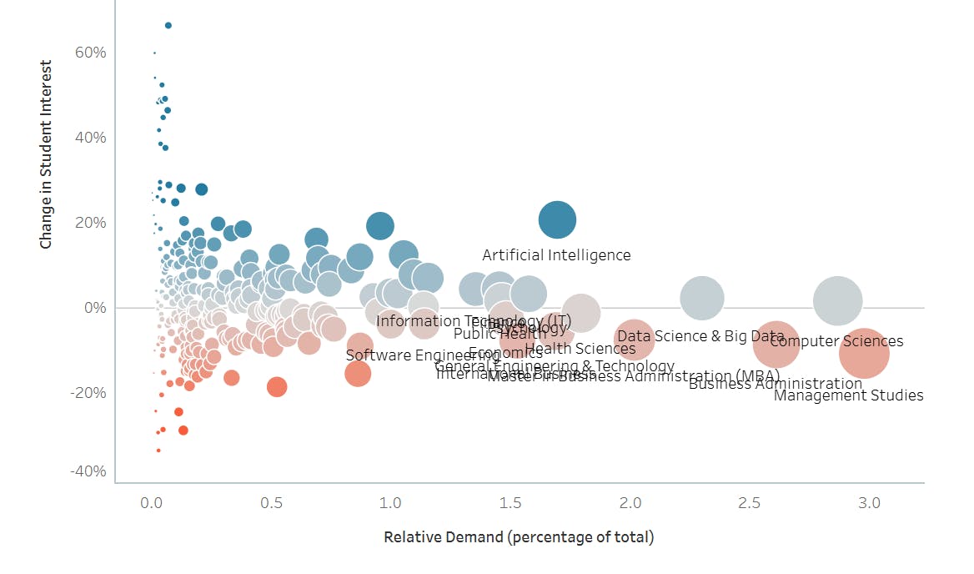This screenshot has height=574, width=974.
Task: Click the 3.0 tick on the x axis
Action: coord(870,503)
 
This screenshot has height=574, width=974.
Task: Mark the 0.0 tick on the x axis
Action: coord(152,503)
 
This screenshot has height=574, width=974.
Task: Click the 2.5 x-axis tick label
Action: coord(750,503)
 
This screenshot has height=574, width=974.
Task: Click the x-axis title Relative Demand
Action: coord(519,537)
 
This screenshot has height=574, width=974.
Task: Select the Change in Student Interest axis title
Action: coord(47,154)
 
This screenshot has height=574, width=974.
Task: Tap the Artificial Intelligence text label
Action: coord(556,255)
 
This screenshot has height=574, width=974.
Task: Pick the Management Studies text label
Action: coord(848,395)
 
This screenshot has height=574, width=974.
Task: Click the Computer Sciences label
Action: coord(836,341)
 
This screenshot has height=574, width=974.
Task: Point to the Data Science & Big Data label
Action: coord(700,336)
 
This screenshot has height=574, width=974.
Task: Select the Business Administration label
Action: coord(775,384)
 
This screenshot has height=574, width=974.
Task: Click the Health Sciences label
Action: coord(580,349)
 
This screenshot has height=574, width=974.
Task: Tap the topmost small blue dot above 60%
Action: coord(168,26)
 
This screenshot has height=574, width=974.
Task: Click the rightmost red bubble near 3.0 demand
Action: coord(864,354)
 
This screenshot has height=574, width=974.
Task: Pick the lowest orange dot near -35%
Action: coord(158,451)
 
